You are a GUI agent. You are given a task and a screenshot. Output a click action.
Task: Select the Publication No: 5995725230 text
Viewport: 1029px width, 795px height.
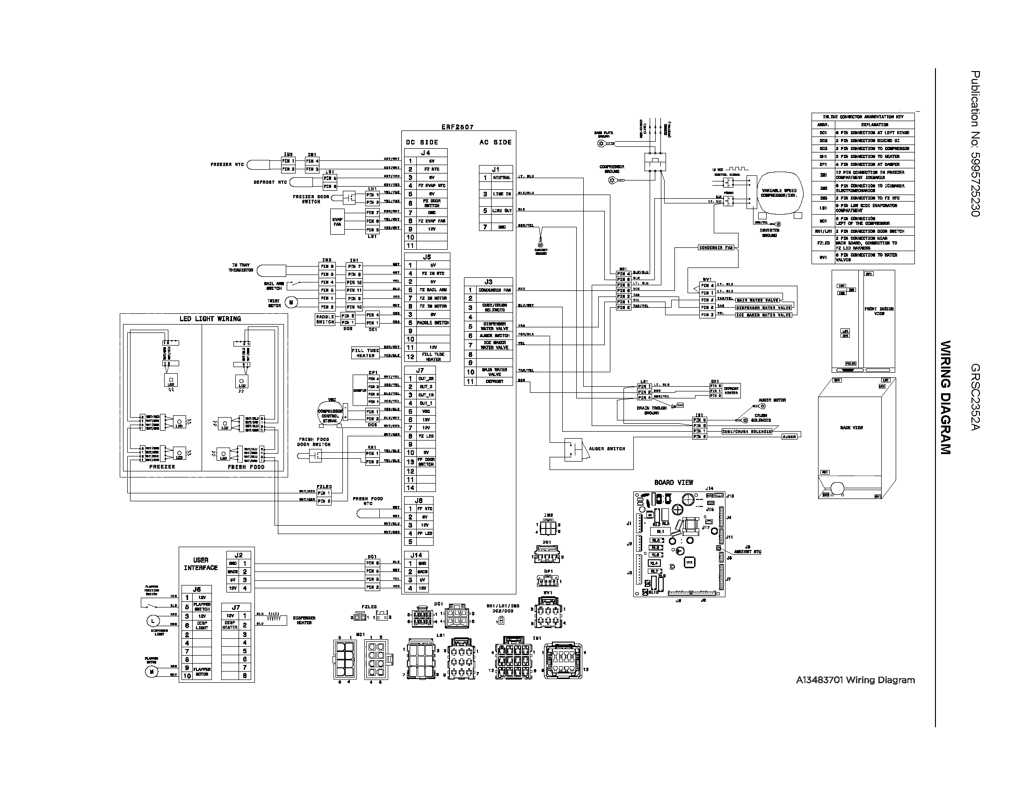point(975,144)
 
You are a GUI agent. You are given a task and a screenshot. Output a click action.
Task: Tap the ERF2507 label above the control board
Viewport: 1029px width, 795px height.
point(457,127)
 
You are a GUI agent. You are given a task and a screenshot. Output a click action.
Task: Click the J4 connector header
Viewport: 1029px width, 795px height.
point(425,152)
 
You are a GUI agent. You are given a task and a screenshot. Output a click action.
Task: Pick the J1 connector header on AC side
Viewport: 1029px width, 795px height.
point(495,169)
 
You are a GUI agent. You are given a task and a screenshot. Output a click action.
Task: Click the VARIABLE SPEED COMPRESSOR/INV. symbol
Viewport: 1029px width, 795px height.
point(779,193)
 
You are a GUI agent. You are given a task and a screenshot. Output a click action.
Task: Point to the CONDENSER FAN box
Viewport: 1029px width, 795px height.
point(716,247)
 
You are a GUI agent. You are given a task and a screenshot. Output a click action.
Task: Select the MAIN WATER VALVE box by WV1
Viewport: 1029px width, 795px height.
point(758,300)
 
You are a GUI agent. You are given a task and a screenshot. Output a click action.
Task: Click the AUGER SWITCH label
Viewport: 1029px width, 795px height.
point(606,448)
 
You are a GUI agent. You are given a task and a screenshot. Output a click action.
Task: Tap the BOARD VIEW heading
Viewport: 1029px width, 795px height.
point(673,482)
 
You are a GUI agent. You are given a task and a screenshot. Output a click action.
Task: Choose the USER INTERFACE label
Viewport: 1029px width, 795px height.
point(201,564)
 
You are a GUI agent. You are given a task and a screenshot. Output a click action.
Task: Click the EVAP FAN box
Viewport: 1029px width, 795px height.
point(337,222)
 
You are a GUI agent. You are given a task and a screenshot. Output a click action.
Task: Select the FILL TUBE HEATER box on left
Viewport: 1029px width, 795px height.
point(365,353)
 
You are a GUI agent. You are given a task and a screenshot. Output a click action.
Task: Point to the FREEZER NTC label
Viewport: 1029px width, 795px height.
point(227,164)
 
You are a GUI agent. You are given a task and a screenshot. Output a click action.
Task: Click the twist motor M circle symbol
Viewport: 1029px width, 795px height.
point(291,303)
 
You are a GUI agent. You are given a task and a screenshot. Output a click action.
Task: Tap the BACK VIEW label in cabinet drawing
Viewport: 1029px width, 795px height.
point(851,427)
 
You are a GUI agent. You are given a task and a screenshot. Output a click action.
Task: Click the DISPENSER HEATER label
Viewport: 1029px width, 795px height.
point(304,620)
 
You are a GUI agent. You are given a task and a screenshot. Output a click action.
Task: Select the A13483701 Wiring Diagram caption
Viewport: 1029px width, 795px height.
point(855,680)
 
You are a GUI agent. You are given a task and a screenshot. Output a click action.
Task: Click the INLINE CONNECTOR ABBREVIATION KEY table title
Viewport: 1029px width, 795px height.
point(862,116)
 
